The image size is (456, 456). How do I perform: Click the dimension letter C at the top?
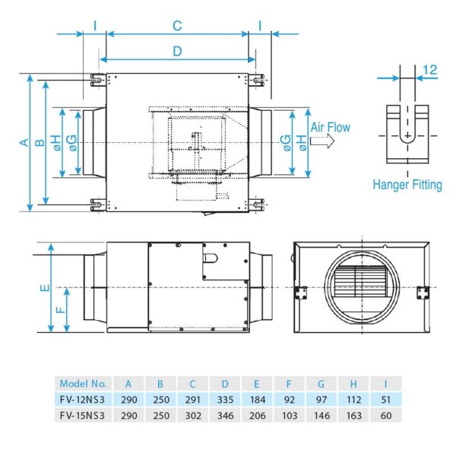click(x=177, y=26)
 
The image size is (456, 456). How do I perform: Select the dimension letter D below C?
click(x=177, y=51)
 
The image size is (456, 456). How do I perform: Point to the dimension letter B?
click(x=40, y=142)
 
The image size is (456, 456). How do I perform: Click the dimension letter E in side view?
click(x=45, y=288)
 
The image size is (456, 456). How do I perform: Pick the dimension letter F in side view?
click(x=60, y=309)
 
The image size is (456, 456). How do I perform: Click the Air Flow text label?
click(x=330, y=128)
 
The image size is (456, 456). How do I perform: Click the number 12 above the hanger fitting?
click(x=429, y=70)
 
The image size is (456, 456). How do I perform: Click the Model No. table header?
click(x=84, y=384)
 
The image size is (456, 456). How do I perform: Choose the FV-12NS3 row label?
click(x=84, y=400)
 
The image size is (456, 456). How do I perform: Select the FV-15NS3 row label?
click(x=84, y=415)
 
